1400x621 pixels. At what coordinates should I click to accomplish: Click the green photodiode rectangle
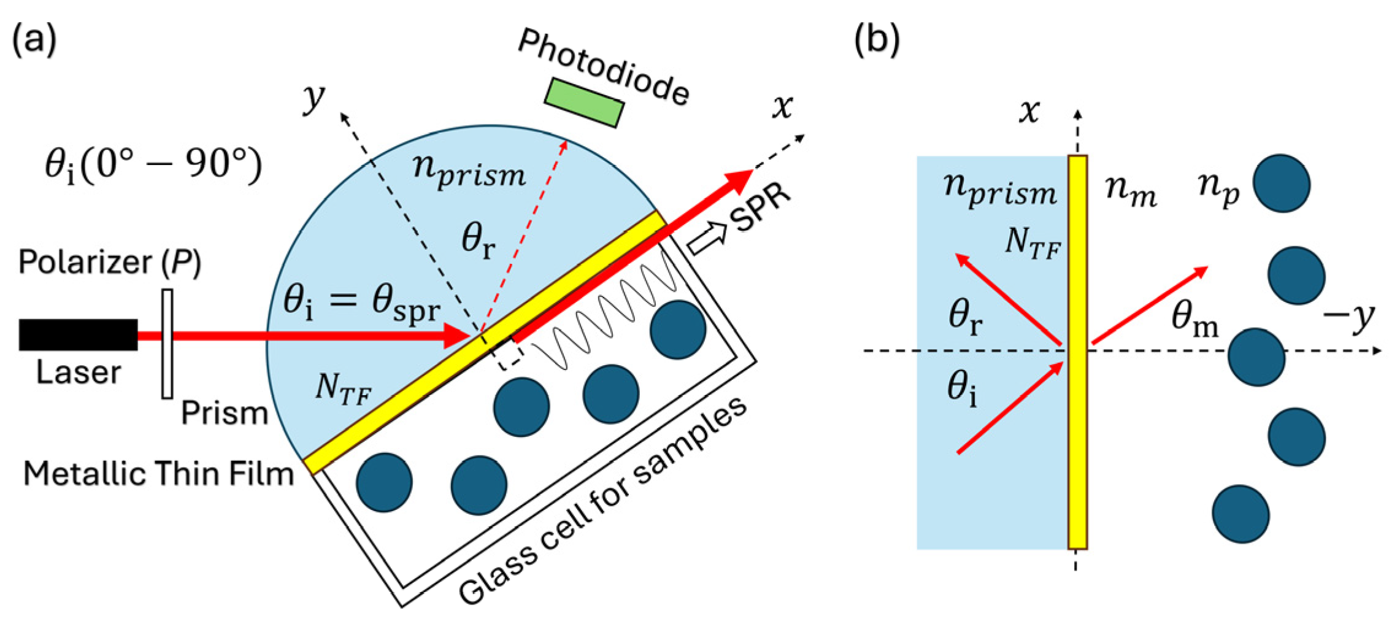[584, 102]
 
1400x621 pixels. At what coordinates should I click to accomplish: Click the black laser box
[78, 334]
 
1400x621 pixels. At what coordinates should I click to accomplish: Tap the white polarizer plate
[167, 344]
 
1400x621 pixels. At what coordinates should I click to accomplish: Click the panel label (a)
[34, 40]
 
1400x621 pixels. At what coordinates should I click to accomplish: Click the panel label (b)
[877, 40]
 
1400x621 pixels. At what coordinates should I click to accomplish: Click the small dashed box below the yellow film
[510, 355]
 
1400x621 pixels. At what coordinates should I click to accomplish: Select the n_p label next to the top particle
[1218, 187]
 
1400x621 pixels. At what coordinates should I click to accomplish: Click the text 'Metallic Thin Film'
[158, 474]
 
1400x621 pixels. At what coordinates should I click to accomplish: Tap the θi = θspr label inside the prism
[361, 304]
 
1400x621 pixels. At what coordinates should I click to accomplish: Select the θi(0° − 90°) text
[153, 166]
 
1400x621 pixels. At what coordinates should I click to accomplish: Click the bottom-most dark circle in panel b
[1240, 514]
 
